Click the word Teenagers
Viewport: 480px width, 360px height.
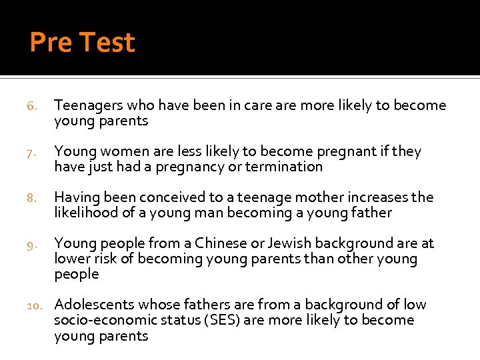[87, 105]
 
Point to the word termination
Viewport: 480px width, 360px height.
[283, 167]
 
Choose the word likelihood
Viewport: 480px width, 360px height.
[85, 213]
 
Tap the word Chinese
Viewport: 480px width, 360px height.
[219, 243]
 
